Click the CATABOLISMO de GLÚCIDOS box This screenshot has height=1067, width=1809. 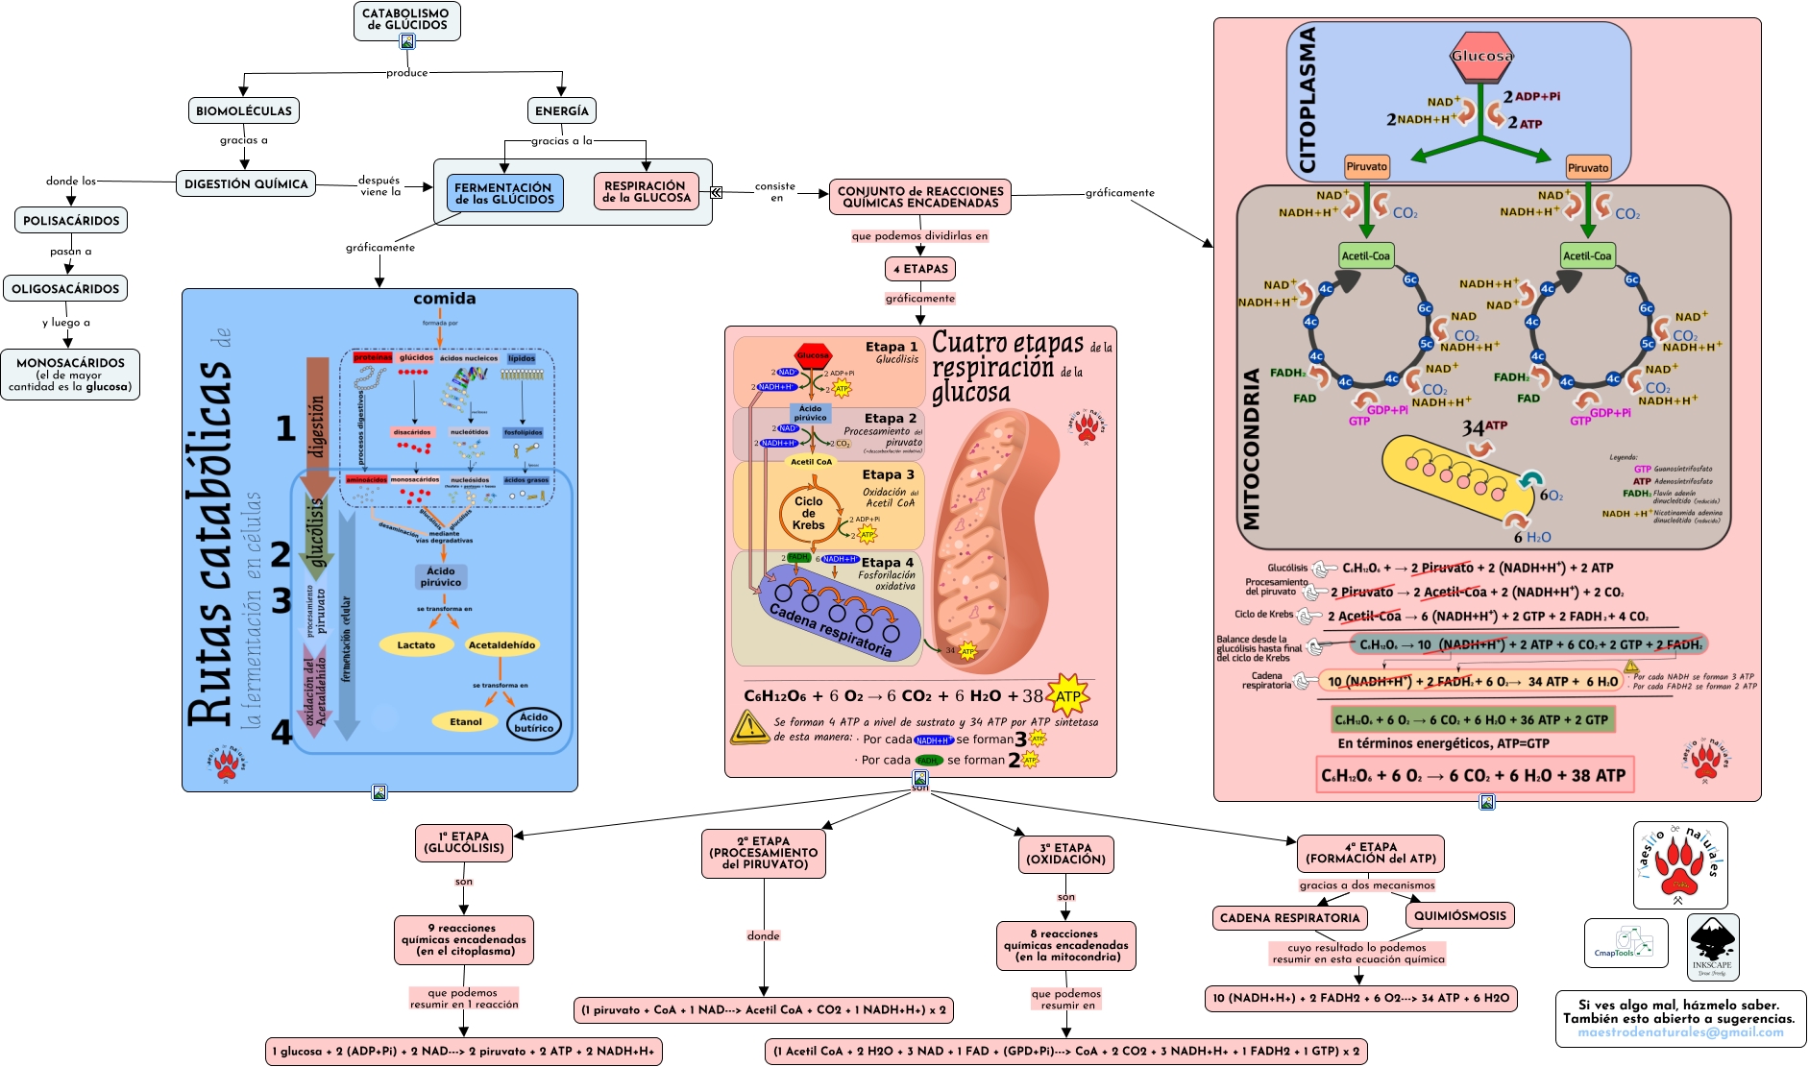[406, 19]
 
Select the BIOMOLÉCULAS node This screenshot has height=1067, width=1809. [243, 110]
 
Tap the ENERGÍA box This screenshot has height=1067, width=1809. [562, 110]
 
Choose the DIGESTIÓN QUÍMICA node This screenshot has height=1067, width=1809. [246, 183]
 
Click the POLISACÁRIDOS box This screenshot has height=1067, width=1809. [71, 220]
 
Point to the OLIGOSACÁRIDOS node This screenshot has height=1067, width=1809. [65, 288]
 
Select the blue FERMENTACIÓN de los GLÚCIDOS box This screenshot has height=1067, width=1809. [504, 193]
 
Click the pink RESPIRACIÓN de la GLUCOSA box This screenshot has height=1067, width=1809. [647, 191]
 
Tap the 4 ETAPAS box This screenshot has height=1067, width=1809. [920, 269]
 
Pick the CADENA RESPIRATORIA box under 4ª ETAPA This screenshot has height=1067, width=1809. [1289, 917]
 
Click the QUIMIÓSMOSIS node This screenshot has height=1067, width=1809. [1459, 915]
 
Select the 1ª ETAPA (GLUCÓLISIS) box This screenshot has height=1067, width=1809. [464, 842]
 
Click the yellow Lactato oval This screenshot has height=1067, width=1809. [416, 645]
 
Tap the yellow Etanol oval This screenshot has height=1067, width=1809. [466, 721]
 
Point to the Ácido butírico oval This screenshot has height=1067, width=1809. [533, 722]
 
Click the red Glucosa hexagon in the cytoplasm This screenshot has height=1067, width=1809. [1481, 56]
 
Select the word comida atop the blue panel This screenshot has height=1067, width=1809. [444, 299]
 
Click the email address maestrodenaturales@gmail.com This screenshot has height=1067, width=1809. [1680, 1032]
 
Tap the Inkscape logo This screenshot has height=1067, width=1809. [1712, 946]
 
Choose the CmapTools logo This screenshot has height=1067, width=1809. [1625, 943]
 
